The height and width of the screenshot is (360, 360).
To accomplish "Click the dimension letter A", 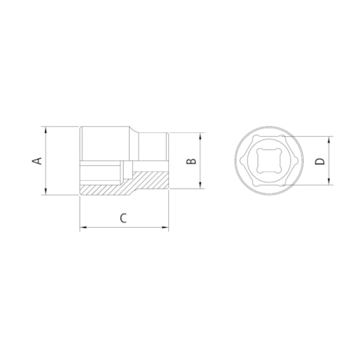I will click(x=34, y=160).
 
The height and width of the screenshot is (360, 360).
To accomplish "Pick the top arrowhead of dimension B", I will click(x=205, y=136).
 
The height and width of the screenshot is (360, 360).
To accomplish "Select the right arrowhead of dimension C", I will click(x=167, y=228).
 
